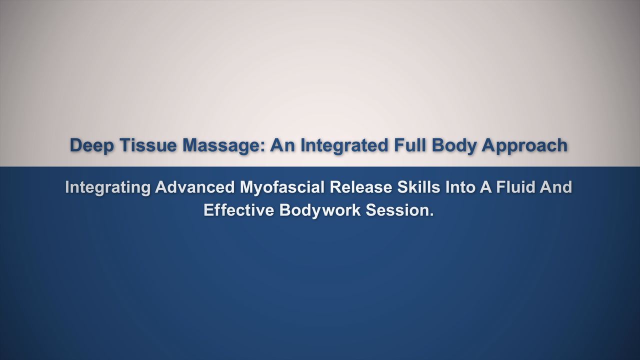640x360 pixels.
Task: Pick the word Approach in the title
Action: point(524,145)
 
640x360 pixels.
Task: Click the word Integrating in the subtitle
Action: point(107,187)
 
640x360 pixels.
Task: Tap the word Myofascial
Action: point(281,187)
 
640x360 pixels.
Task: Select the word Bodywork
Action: point(320,210)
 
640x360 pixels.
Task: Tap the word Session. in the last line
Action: point(399,210)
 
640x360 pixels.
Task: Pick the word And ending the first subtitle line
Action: point(555,187)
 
